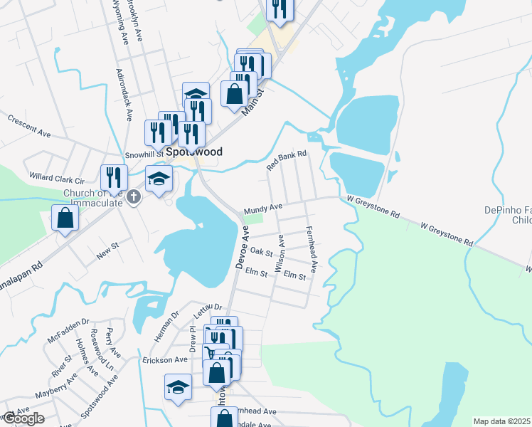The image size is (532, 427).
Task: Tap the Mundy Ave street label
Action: (x=263, y=209)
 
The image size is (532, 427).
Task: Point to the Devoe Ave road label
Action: (x=242, y=247)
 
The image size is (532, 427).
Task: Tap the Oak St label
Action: (x=262, y=252)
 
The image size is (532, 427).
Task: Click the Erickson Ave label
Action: (x=165, y=360)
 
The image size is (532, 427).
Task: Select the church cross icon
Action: (x=134, y=200)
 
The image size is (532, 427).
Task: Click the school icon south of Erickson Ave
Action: (x=178, y=388)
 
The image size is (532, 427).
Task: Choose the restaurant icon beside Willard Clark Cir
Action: (x=114, y=177)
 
